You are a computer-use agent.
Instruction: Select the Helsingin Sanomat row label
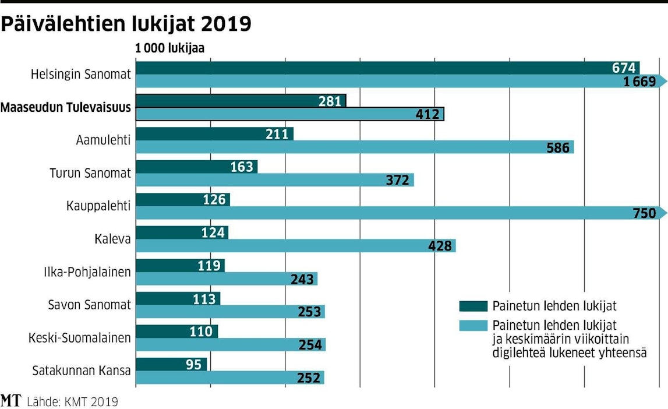click(82, 75)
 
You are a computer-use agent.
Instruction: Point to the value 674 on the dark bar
click(623, 68)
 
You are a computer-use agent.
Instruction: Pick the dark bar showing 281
click(241, 101)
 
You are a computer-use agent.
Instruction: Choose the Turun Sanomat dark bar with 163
click(196, 167)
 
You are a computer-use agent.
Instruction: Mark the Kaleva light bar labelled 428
click(295, 246)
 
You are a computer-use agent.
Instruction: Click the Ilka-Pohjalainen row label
click(87, 272)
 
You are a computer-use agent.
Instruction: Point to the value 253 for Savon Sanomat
click(309, 312)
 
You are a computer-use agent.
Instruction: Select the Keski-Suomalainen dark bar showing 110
click(176, 332)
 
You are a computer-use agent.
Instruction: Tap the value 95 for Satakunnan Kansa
click(195, 365)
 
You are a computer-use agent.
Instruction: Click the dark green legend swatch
click(473, 306)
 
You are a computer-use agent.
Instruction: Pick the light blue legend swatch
click(473, 324)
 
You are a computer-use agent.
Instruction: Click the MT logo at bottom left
click(11, 401)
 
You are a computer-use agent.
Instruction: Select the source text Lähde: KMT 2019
click(72, 401)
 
